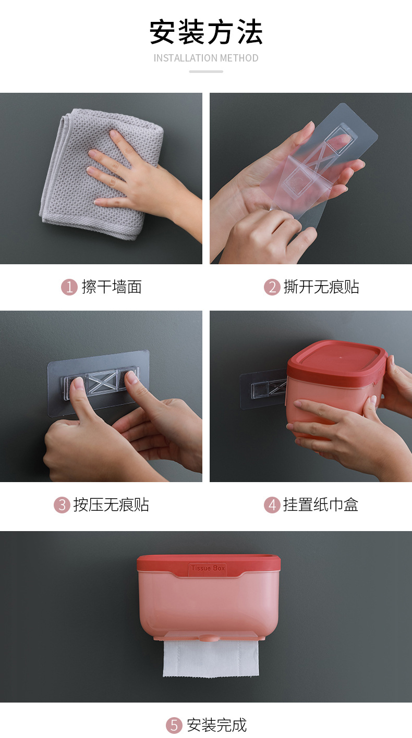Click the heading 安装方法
[206, 32]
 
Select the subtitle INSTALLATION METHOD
[206, 58]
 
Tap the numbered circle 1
[69, 287]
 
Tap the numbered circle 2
[272, 287]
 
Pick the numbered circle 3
[62, 505]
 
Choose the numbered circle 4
[272, 505]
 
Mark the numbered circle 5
[174, 725]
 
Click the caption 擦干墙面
[112, 287]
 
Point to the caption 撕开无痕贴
[321, 287]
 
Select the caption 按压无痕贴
[112, 505]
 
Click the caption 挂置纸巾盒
[321, 505]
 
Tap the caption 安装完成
[216, 725]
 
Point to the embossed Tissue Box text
[208, 568]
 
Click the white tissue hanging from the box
[211, 658]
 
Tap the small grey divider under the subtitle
[206, 71]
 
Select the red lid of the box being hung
[336, 362]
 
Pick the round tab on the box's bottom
[208, 638]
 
